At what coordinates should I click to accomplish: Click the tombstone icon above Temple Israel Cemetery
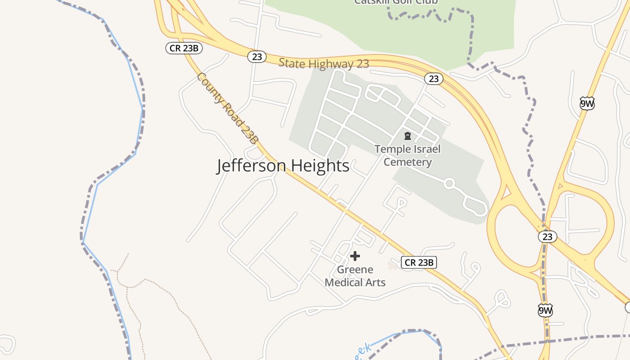click(408, 135)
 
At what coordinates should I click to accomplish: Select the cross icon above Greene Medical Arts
click(355, 256)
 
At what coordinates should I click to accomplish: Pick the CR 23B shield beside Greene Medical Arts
click(419, 262)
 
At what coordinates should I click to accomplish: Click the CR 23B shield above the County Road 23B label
click(184, 48)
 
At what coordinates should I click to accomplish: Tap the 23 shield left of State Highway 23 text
click(257, 57)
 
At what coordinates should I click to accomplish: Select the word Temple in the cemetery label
click(391, 149)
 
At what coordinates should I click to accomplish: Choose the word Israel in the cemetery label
click(426, 149)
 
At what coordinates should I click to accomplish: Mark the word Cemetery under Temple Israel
click(408, 162)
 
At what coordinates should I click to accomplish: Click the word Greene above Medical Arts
click(355, 270)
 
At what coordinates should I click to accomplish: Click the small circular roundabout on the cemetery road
click(449, 184)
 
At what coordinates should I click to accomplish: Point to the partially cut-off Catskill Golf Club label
click(396, 2)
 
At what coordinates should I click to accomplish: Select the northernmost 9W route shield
click(587, 103)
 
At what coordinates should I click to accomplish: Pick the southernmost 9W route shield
click(545, 310)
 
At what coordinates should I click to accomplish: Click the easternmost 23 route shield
click(547, 236)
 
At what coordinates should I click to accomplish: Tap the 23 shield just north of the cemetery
click(433, 79)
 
